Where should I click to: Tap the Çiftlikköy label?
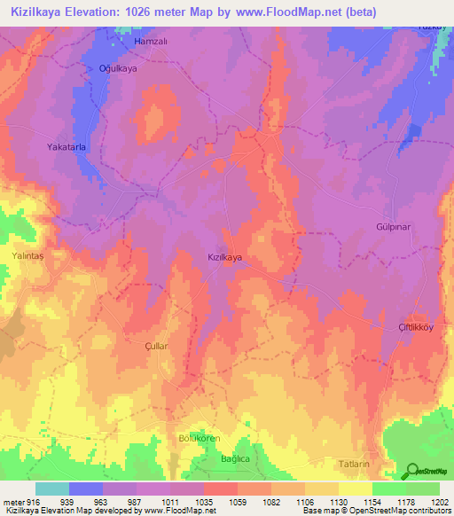coord(410,327)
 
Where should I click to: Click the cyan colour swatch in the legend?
coord(52,489)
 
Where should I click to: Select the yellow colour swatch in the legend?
coord(355,489)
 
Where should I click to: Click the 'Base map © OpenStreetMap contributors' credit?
coord(374,511)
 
